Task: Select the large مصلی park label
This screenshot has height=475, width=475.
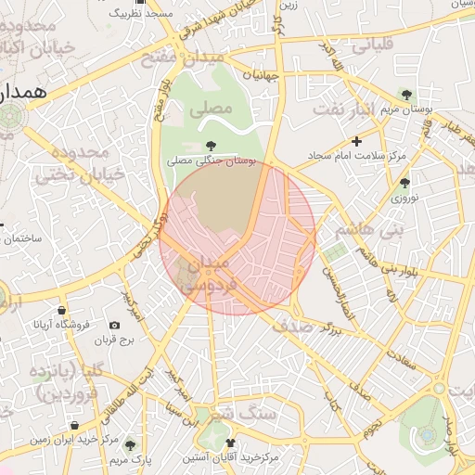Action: coord(210,109)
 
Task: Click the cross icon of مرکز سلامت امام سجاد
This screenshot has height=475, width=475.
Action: coord(356,141)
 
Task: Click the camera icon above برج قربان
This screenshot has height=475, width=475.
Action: coord(114,326)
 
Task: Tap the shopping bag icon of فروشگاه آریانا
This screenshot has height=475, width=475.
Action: coord(61,309)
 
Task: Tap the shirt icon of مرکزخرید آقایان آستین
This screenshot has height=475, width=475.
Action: coord(230,443)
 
